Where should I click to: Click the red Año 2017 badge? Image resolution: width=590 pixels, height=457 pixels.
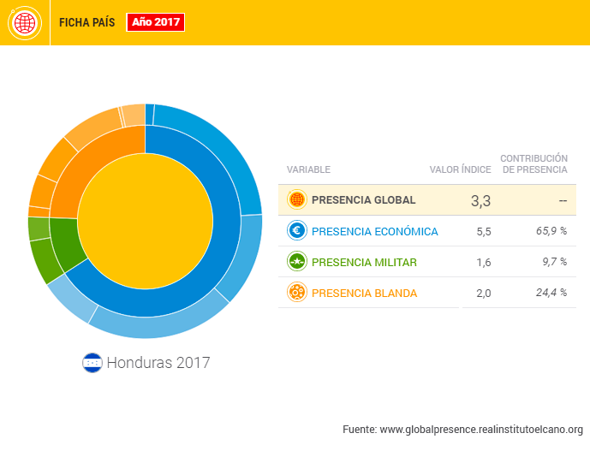click(x=155, y=22)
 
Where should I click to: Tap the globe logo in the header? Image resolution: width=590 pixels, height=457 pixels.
click(x=25, y=22)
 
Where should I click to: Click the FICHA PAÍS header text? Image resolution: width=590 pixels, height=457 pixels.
click(x=86, y=23)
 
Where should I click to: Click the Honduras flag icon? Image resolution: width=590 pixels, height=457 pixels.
click(x=92, y=363)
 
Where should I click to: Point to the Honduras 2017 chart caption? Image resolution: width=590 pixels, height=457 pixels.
click(x=158, y=363)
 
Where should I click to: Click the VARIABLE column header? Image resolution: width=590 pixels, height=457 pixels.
click(x=308, y=169)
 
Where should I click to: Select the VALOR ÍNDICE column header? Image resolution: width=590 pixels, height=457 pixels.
click(x=460, y=169)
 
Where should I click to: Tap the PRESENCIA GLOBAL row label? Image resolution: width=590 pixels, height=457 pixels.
click(x=363, y=200)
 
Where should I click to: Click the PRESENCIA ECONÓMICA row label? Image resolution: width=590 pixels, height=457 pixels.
click(x=374, y=231)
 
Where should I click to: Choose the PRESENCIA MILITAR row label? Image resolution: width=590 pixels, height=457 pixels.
click(x=364, y=262)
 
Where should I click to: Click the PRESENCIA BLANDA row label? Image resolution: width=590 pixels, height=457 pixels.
click(x=364, y=293)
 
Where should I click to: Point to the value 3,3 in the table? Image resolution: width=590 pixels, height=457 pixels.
click(x=480, y=201)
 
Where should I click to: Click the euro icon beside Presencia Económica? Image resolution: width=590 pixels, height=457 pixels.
click(x=297, y=231)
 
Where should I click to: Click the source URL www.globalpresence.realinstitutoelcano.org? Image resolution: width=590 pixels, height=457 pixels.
click(x=480, y=429)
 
